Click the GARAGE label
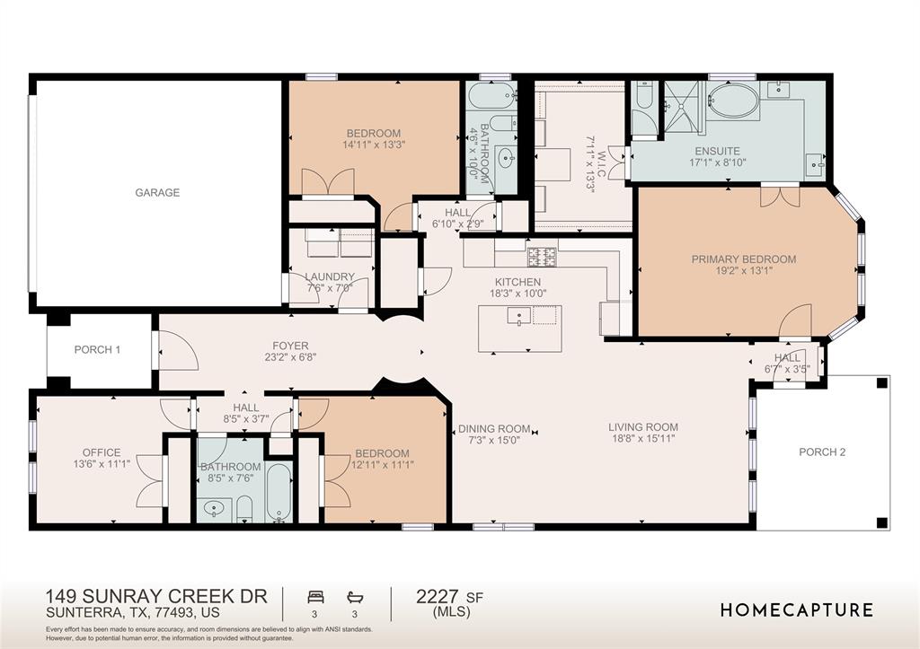point(157,192)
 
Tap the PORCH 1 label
point(97,350)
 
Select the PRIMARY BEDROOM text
point(743,259)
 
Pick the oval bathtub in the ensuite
point(733,101)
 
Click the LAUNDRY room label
point(330,276)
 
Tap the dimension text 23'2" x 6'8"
point(290,357)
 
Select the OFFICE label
point(102,452)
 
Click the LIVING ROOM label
point(643,427)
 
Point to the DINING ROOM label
point(494,429)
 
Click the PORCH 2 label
point(822,452)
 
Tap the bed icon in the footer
point(315,598)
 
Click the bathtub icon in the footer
point(355,598)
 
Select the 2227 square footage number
point(438,597)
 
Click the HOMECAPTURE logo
point(797,610)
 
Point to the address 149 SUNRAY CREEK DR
point(156,596)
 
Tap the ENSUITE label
point(717,152)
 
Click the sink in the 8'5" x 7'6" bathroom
point(213,508)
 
